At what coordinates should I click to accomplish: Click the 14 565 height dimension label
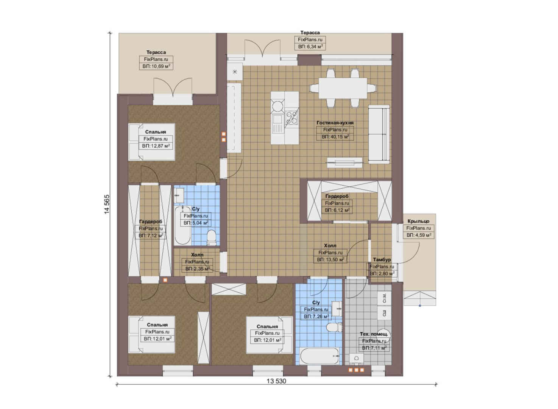coord(107,204)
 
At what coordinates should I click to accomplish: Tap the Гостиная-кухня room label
coord(335,123)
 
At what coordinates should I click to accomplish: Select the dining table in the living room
coord(343,88)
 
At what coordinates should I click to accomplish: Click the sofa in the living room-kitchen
coord(379,134)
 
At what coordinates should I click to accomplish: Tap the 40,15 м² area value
coord(335,137)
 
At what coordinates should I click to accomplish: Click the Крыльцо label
coord(419,221)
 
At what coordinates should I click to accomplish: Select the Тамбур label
coord(382,260)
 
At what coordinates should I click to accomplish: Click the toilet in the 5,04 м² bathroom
coord(212,237)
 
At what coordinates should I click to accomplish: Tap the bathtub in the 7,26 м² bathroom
coord(320,356)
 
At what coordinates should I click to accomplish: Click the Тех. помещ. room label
coord(374,334)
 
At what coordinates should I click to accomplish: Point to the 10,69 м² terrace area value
coord(156,66)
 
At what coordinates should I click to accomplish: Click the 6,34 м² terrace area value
coord(310,47)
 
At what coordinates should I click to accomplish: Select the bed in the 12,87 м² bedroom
coord(151,142)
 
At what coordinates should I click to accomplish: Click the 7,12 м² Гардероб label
coord(151,222)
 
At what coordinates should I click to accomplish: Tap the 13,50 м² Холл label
coord(330,246)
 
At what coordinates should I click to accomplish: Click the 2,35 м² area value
coord(197,269)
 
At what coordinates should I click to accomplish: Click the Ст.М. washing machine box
coord(384,298)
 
